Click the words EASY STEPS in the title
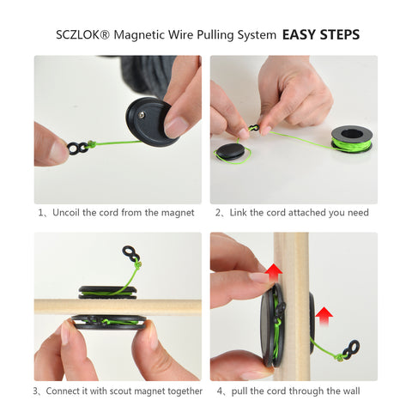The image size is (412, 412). [321, 35]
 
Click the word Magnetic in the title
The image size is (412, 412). [139, 35]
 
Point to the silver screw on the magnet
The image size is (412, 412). [142, 115]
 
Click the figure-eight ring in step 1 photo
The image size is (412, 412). [77, 148]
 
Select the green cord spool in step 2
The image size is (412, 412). [352, 139]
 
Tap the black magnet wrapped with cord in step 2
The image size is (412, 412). [231, 151]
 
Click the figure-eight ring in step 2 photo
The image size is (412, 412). [253, 127]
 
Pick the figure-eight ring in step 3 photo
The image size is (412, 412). [131, 253]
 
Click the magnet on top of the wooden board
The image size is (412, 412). [107, 293]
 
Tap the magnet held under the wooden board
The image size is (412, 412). [109, 323]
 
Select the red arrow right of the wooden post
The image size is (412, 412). [324, 316]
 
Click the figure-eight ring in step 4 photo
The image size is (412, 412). [351, 349]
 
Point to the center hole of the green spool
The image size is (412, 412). [352, 134]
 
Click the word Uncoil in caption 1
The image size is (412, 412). [66, 213]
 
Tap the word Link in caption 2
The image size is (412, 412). [238, 213]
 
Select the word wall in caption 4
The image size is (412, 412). [352, 391]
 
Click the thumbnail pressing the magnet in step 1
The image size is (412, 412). [176, 127]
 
